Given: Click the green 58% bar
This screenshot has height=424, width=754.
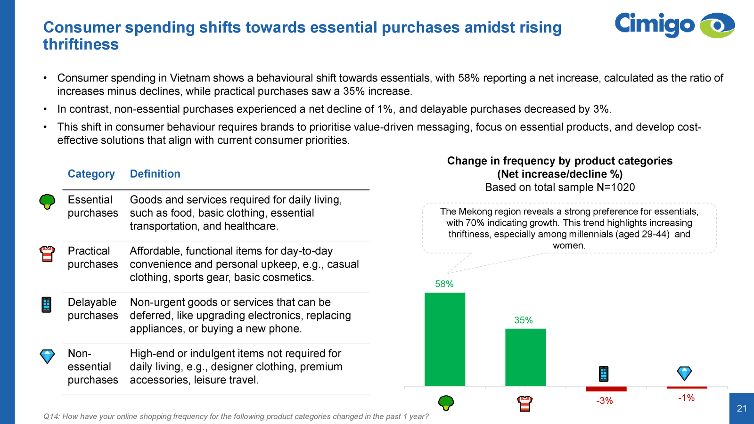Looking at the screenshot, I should point(444,339).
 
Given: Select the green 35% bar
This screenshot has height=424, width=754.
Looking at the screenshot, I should point(525,357).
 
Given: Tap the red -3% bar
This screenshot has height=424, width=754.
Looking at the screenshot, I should point(606,389).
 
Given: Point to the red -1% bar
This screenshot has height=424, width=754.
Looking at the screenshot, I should point(687,387).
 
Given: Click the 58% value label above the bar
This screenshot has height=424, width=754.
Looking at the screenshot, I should point(444,284).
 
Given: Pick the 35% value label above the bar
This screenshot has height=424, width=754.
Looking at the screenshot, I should point(523,320).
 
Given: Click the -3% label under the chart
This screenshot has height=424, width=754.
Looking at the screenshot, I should point(605,401).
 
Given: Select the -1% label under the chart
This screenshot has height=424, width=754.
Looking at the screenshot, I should point(686,398).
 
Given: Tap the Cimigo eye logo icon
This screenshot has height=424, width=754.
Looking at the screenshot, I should point(717,25).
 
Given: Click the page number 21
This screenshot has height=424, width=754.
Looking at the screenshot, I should point(742,408).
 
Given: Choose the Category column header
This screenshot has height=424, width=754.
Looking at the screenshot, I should point(91,174).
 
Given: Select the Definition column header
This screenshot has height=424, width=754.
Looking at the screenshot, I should point(155,174).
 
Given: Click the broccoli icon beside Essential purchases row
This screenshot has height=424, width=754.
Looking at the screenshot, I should point(47,202).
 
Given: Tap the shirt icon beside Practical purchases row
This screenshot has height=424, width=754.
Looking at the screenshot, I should point(47,253).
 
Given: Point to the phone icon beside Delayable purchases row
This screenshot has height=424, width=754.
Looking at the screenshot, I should point(46,305).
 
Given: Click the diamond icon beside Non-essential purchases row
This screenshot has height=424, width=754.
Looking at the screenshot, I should point(47,356).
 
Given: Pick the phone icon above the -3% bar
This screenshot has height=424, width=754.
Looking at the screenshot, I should point(604,374).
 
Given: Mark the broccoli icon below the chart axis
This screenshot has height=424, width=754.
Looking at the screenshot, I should point(446,403).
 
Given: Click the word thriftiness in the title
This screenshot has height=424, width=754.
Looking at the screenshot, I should point(81,45).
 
